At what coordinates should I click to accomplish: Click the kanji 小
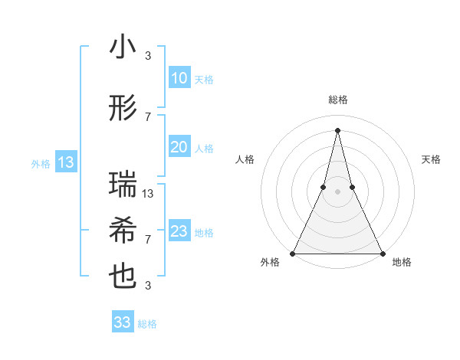point(123,47)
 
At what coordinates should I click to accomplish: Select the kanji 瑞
point(123,185)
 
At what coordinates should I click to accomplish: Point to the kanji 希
point(123,231)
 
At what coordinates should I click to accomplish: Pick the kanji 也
point(123,277)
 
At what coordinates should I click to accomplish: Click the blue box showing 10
point(179,78)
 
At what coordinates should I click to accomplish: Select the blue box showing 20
point(179,147)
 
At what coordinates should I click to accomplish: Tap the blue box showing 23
point(179,231)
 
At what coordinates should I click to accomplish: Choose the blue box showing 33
point(123,322)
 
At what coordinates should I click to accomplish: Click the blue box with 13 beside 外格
point(65,162)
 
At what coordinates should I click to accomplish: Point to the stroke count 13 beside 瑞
point(149,194)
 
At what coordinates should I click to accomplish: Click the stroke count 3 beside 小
point(148,56)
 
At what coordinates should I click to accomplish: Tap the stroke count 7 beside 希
point(148,240)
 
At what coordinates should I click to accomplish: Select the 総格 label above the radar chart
point(337,100)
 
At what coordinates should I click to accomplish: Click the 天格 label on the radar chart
point(432,159)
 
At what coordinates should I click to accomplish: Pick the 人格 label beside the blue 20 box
point(205,148)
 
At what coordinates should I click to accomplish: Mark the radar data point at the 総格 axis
point(337,129)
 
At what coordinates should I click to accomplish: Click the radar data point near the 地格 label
point(382,253)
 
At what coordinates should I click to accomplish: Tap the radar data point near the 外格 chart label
point(293,253)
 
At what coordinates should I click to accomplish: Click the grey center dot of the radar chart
point(337,191)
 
